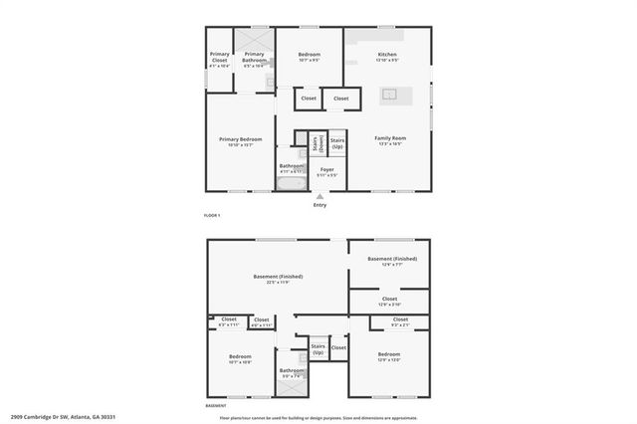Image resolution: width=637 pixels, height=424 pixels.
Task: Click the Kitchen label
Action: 387,57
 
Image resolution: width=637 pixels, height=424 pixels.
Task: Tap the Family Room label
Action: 387,140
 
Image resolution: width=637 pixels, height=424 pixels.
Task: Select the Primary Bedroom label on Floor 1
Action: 241,141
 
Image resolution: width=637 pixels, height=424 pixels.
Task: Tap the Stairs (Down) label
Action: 316,143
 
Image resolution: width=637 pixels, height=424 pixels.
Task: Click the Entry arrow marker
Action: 319,196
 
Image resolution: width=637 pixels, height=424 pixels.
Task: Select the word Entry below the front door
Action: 319,205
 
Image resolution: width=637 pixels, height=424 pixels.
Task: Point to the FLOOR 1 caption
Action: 212,215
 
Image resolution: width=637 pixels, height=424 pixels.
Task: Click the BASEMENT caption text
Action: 216,406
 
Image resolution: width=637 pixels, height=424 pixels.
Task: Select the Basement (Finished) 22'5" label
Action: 278,279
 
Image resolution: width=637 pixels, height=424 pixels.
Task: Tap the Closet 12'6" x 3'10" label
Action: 389,301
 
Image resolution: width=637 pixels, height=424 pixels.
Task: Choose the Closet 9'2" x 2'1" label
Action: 399,322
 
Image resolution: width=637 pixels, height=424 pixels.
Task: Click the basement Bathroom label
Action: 292,373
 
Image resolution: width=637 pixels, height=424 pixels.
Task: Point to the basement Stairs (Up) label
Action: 318,349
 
